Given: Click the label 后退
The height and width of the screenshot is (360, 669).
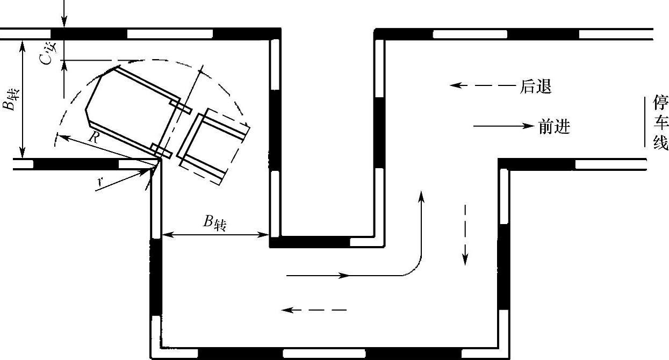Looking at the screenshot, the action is (x=536, y=87).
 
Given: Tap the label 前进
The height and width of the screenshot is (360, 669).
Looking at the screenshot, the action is (x=555, y=127).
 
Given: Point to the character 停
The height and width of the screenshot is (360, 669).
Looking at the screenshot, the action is (x=660, y=103).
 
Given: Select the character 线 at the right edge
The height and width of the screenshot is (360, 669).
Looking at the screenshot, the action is (x=660, y=142).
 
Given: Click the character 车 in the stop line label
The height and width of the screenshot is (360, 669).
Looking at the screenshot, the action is (x=660, y=123).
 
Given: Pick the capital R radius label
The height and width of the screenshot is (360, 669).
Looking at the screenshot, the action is (x=94, y=138).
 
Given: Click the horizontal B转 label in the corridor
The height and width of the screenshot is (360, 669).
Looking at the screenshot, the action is (x=214, y=223).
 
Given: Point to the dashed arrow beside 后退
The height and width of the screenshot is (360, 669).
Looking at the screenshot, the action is (x=483, y=85).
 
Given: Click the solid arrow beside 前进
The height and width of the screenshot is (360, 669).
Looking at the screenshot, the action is (x=504, y=126).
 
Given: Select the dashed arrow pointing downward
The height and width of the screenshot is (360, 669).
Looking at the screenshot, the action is (x=465, y=235).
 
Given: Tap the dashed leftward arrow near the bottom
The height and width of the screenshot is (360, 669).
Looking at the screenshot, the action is (x=314, y=310).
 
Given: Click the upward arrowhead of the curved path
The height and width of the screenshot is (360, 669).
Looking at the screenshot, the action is (x=421, y=196).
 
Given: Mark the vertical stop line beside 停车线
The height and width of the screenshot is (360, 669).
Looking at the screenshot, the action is (x=644, y=121).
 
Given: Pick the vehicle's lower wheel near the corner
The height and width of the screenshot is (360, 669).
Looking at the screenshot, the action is (x=161, y=151).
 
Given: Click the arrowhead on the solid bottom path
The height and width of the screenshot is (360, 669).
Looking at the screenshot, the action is (x=343, y=275).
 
